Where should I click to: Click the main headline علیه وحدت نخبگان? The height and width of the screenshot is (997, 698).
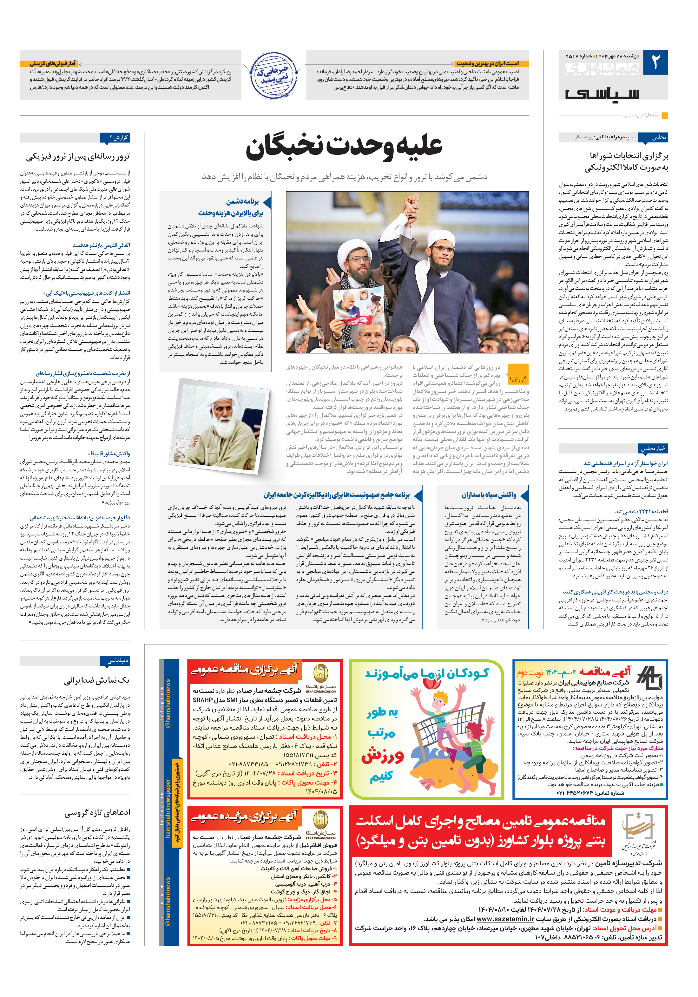344,147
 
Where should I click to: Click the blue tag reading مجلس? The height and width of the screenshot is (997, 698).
658,137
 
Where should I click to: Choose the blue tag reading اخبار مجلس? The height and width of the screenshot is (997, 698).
653,448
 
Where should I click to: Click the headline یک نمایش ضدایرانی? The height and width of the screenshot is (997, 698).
96,680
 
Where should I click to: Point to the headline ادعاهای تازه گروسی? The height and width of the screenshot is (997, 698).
97,812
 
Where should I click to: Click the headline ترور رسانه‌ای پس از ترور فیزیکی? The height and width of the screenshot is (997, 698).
78,156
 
